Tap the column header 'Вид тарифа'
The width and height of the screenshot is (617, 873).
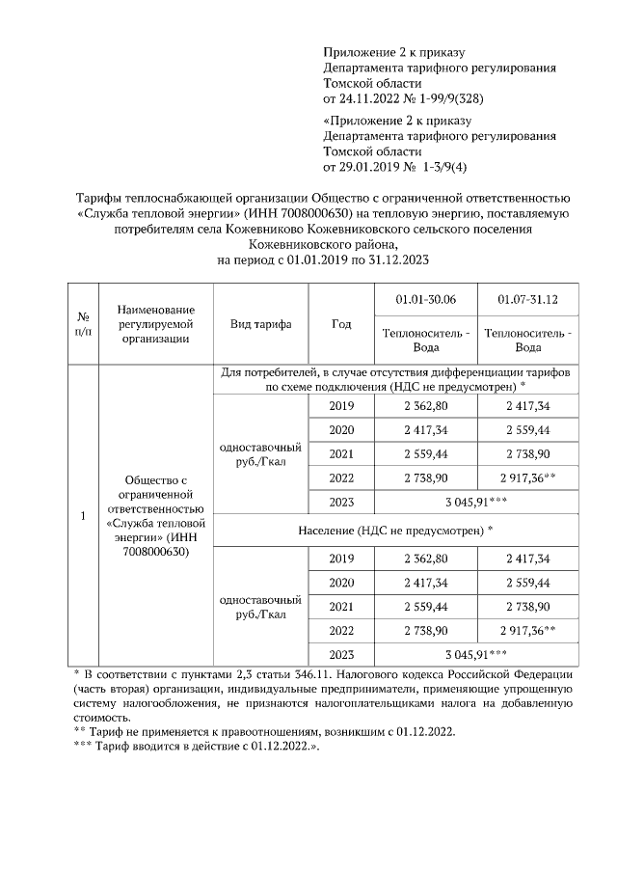260,323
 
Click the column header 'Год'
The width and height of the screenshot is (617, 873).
340,323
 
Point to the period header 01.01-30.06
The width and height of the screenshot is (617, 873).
425,300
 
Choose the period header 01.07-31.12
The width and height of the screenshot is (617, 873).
527,300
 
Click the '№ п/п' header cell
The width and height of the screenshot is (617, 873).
83,323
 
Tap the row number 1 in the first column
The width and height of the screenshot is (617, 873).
83,515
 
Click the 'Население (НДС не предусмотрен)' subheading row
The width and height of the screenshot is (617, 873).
395,530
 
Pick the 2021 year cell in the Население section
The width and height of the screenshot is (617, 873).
341,607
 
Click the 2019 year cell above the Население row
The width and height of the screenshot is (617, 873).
341,406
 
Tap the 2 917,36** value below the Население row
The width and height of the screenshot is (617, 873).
527,630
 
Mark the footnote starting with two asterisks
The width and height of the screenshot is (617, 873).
265,732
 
